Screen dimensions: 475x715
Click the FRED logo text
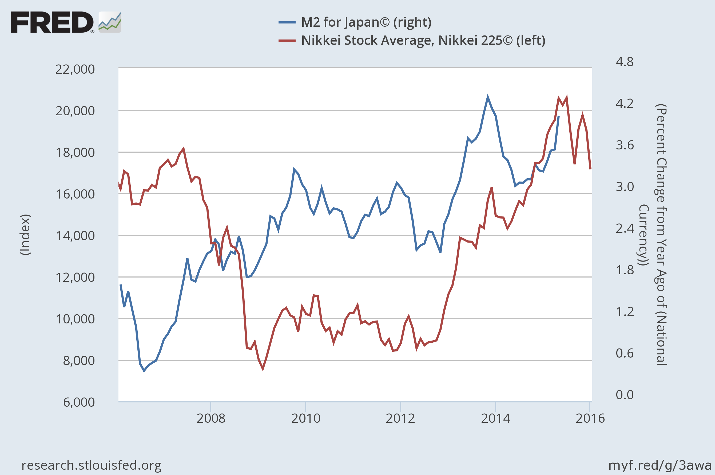tap(52, 22)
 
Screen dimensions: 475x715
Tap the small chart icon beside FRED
tap(110, 22)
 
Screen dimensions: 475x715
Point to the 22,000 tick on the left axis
tap(75, 69)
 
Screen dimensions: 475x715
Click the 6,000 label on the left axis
tap(79, 402)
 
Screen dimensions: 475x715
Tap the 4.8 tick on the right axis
tap(625, 62)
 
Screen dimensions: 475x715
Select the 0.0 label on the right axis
tap(625, 395)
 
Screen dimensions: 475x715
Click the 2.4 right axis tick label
tap(625, 228)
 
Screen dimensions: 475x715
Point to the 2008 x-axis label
tap(211, 418)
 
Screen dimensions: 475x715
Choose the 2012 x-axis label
tap(400, 418)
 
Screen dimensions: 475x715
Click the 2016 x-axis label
tap(590, 418)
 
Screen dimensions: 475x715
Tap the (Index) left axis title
tap(25, 235)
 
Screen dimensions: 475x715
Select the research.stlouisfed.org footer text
tap(92, 465)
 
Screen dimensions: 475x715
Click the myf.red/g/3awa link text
tap(660, 465)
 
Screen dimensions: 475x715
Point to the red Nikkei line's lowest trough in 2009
tap(263, 369)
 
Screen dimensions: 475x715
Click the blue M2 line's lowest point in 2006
tap(144, 370)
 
